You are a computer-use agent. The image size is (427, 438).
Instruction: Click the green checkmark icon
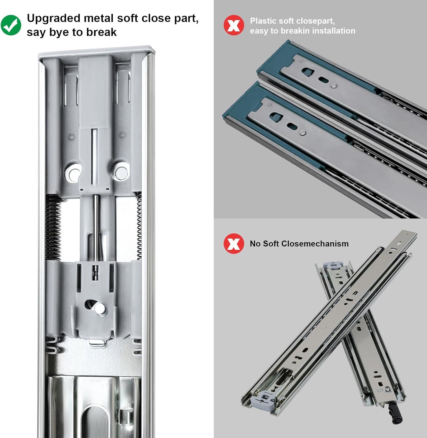[x=11, y=25]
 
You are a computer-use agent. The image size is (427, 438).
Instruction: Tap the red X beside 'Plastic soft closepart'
[x=234, y=25]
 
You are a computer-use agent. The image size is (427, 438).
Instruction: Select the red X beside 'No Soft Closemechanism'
[x=234, y=244]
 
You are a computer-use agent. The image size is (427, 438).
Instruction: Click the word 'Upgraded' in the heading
[x=53, y=18]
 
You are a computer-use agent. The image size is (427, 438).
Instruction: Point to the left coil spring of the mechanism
[x=53, y=227]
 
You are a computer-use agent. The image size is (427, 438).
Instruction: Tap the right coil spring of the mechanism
[x=139, y=227]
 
